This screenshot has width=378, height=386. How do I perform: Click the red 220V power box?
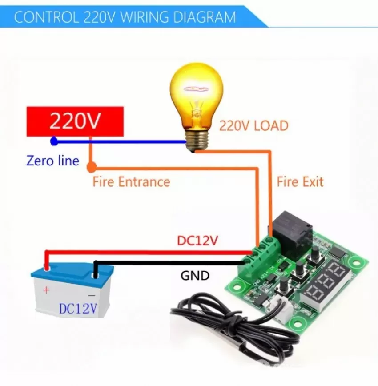pos(75,121)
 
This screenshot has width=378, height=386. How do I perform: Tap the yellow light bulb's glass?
pos(196,96)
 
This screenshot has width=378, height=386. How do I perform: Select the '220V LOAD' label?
pos(253,125)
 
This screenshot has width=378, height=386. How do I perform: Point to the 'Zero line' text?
pos(53,161)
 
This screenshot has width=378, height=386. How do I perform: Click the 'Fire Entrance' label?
pos(131,182)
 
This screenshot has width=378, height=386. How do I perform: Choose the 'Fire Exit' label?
pos(300,182)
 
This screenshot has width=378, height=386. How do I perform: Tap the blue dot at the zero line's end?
pos(54,141)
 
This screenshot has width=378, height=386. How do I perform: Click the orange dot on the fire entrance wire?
pos(92,167)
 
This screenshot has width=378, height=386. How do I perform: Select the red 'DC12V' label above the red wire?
pos(197,241)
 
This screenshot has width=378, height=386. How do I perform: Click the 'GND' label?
pos(195,275)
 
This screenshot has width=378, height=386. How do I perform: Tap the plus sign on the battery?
pos(46,290)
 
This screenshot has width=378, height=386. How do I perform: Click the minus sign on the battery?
pos(91,295)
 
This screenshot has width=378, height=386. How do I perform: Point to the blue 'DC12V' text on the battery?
pos(78,309)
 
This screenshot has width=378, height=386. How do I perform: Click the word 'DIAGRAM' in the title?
pos(205,17)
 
